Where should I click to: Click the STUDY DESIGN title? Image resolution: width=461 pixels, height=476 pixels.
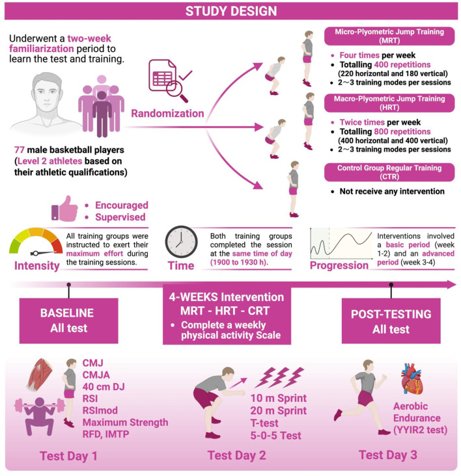click(x=230, y=11)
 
